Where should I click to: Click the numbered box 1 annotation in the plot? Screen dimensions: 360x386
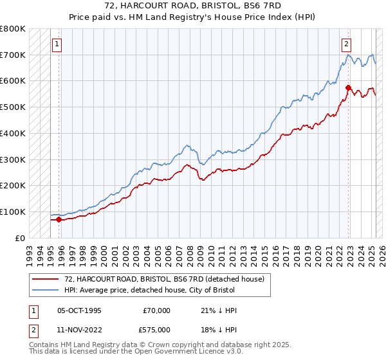point(57,44)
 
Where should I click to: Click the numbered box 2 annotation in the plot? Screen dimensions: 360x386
point(346,44)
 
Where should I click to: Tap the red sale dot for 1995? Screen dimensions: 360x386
point(59,219)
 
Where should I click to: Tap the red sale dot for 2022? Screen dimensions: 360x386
point(348,87)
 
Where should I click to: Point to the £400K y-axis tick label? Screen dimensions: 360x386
point(13,133)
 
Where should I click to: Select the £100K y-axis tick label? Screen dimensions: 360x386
point(13,212)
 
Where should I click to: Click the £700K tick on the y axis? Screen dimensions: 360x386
point(13,55)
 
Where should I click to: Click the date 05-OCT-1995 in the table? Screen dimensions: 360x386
point(79,310)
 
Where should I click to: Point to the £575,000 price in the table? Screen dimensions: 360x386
point(156,329)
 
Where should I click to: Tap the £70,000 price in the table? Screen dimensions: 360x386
point(157,310)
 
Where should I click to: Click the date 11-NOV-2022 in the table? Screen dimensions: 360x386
point(80,329)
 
